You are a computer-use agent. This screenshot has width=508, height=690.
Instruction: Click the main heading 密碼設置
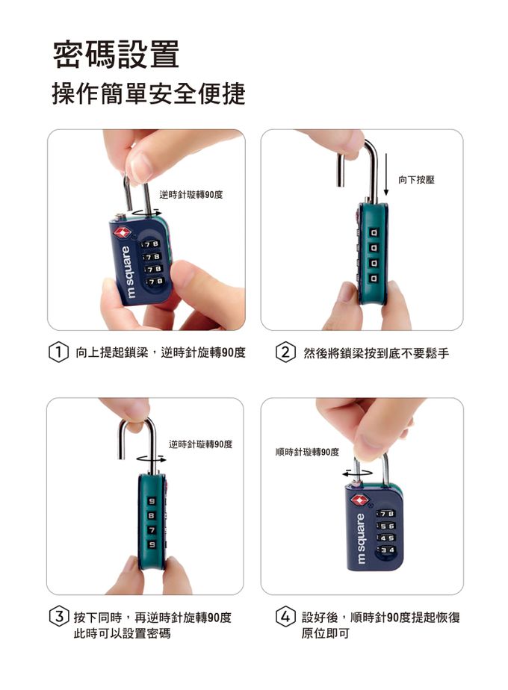(116, 54)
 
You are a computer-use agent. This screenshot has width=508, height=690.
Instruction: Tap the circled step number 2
(285, 352)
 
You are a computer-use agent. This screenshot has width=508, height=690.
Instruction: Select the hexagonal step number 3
(59, 617)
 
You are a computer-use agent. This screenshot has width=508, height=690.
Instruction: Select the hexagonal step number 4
(285, 617)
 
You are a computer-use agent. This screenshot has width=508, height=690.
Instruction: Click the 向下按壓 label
(416, 179)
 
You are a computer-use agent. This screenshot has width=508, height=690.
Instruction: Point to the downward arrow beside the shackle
(386, 175)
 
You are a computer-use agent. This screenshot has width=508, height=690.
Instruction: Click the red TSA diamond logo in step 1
(121, 232)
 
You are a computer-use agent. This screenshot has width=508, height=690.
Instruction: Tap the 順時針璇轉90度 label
(307, 452)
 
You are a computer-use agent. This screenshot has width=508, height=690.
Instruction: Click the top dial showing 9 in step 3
(152, 501)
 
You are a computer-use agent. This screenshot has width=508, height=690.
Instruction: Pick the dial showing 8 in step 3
(152, 515)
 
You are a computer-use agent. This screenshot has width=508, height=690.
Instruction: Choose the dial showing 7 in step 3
(152, 530)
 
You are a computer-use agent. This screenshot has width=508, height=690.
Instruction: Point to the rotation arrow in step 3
(152, 460)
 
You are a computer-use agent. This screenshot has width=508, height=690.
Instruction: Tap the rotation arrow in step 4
(357, 473)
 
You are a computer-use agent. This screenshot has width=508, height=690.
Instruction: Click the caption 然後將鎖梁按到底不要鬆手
(377, 353)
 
